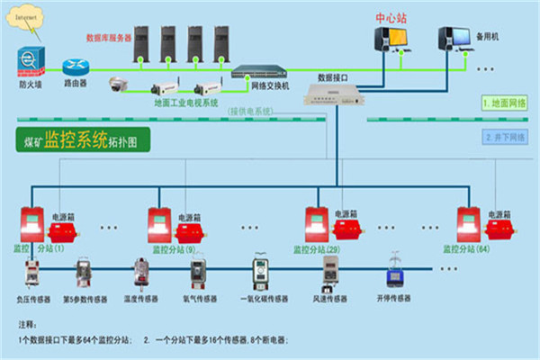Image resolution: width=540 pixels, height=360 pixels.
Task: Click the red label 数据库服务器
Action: [109, 38]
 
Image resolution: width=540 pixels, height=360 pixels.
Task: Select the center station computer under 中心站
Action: [392, 38]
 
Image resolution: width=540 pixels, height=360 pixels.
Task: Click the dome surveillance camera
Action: [118, 85]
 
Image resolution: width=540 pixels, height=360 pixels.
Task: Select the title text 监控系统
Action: [76, 139]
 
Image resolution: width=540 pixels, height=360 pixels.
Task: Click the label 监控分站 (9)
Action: [174, 248]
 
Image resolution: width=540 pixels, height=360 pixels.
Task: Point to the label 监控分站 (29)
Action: [321, 248]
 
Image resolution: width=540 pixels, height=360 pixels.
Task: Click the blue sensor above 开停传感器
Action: [393, 272]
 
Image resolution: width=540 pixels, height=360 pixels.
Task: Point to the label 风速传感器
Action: [329, 298]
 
